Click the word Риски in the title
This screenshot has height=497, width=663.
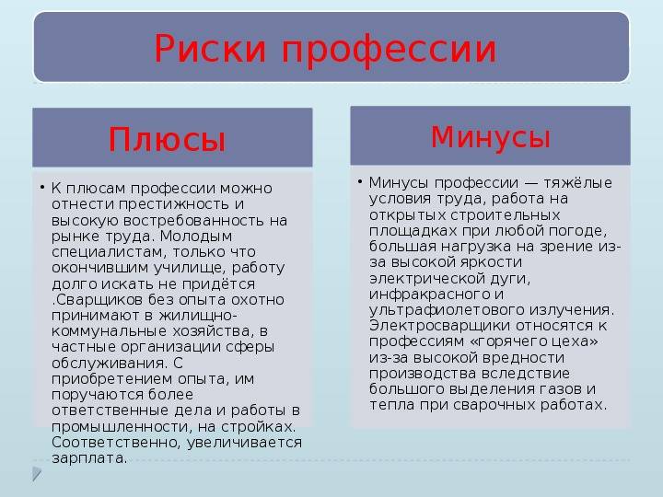pyautogui.click(x=210, y=48)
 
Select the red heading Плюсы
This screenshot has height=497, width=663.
pyautogui.click(x=167, y=139)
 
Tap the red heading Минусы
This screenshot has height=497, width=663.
pyautogui.click(x=491, y=137)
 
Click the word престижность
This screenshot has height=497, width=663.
pyautogui.click(x=174, y=204)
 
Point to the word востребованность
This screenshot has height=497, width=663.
pyautogui.click(x=192, y=220)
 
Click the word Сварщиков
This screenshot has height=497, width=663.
pyautogui.click(x=99, y=300)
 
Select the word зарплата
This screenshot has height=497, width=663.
pyautogui.click(x=89, y=458)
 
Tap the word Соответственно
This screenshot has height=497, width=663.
pyautogui.click(x=117, y=443)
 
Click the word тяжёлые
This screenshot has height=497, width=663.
pyautogui.click(x=577, y=183)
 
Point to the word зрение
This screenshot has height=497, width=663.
pyautogui.click(x=570, y=247)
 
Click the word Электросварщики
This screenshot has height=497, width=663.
pyautogui.click(x=439, y=326)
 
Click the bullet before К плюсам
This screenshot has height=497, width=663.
pyautogui.click(x=42, y=187)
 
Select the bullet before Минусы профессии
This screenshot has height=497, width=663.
pyautogui.click(x=360, y=181)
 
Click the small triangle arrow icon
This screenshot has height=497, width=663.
pyautogui.click(x=37, y=474)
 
